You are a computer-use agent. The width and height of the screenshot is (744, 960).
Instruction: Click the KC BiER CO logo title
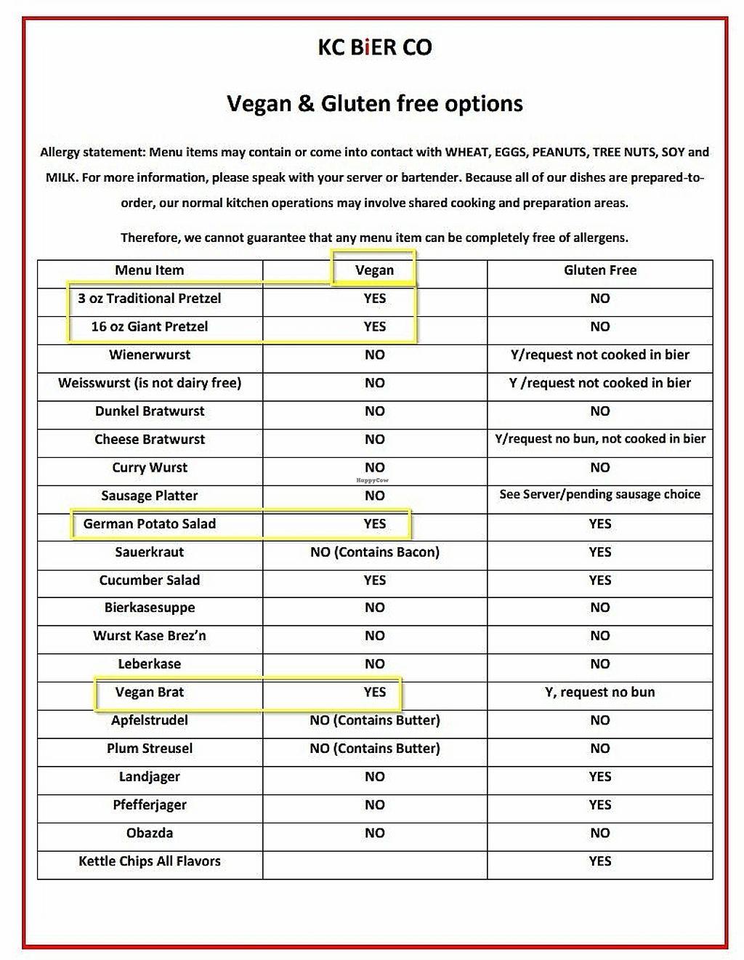pyautogui.click(x=375, y=48)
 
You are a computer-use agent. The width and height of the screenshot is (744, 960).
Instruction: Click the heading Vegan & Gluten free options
pyautogui.click(x=375, y=103)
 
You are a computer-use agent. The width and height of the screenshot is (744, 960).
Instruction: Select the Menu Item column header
pyautogui.click(x=150, y=270)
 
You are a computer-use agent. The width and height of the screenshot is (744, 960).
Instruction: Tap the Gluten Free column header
pyautogui.click(x=600, y=270)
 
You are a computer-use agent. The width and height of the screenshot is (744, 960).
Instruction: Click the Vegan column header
pyautogui.click(x=375, y=270)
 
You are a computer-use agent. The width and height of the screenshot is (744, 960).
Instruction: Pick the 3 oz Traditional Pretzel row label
pyautogui.click(x=150, y=299)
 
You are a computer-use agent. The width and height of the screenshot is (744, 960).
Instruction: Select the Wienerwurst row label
pyautogui.click(x=150, y=355)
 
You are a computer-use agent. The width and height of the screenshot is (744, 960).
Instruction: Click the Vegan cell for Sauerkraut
pyautogui.click(x=375, y=552)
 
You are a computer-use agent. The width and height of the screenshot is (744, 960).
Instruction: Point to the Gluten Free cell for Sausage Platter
pyautogui.click(x=600, y=495)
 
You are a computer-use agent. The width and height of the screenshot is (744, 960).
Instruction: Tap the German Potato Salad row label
pyautogui.click(x=150, y=524)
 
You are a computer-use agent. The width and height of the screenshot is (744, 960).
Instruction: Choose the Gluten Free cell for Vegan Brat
pyautogui.click(x=600, y=693)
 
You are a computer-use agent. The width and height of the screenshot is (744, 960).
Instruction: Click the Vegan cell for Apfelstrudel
pyautogui.click(x=375, y=721)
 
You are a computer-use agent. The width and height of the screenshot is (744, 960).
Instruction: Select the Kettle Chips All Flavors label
pyautogui.click(x=150, y=861)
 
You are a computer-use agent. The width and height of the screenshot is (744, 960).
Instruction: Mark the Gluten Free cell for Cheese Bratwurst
pyautogui.click(x=600, y=439)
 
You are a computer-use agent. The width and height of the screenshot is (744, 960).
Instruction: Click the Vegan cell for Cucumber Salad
pyautogui.click(x=375, y=580)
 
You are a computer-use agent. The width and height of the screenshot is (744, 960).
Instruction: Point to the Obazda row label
pyautogui.click(x=150, y=833)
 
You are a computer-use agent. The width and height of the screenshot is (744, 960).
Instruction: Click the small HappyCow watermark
pyautogui.click(x=372, y=480)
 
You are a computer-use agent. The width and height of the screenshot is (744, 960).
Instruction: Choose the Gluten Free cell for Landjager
pyautogui.click(x=600, y=777)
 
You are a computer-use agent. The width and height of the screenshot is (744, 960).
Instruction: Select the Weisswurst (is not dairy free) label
pyautogui.click(x=150, y=383)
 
